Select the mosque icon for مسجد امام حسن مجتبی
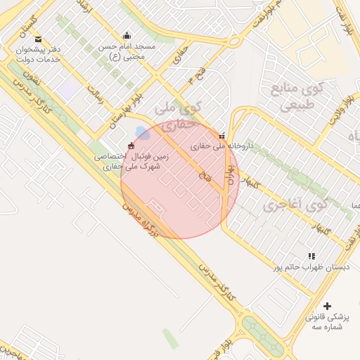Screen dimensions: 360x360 (127, 36)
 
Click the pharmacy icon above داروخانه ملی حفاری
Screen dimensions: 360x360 (222, 136)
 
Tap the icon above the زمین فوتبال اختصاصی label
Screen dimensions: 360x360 (131, 145)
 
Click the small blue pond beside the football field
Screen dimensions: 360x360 (142, 132)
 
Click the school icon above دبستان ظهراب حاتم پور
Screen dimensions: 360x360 (311, 257)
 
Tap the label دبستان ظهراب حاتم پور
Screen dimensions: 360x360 (311, 267)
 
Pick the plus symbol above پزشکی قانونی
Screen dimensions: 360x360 (327, 306)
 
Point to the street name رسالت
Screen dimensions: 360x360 (95, 96)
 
